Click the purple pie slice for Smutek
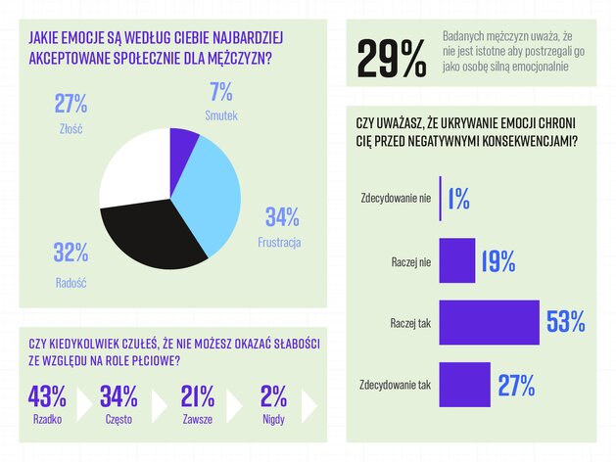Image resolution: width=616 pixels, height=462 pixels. [x=182, y=147]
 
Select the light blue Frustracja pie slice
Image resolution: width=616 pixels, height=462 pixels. [x=211, y=196]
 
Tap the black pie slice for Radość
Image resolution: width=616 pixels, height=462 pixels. [x=157, y=235]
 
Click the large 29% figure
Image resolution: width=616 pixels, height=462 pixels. [x=392, y=60]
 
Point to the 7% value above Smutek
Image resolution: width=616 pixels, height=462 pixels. [x=220, y=92]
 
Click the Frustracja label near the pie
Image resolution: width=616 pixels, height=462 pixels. [x=279, y=242]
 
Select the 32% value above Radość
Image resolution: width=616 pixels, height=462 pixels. [x=71, y=253]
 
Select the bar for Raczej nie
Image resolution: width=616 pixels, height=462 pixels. [x=457, y=260]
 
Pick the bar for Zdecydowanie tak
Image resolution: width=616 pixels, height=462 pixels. [x=464, y=384]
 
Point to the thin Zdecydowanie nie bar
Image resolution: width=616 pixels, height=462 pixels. [x=441, y=199]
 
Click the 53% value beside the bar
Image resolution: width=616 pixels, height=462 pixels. [x=565, y=322]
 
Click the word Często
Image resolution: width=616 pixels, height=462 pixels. [x=118, y=423]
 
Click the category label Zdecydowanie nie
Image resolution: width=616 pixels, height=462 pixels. [x=396, y=199]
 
